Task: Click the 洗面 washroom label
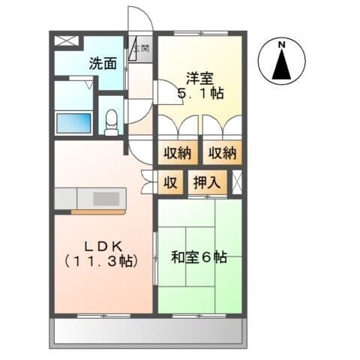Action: coord(103,64)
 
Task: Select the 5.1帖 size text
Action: coord(200,94)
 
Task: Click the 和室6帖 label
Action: coord(199,257)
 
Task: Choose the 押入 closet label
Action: coord(205,181)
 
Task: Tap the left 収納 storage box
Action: coord(178,153)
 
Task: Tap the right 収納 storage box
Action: coord(223,153)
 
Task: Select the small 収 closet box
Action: coord(171,181)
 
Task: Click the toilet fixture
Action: coord(112,121)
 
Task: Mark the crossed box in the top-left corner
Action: coord(64,42)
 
